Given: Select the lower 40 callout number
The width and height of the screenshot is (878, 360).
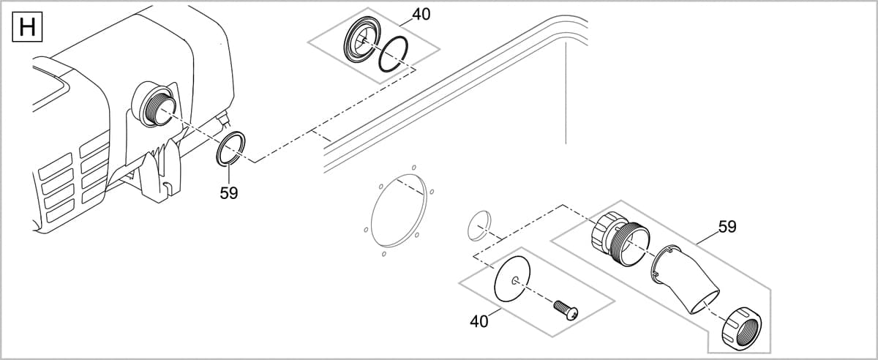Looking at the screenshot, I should click(x=479, y=321).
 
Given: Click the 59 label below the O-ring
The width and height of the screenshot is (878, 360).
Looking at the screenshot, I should click(x=229, y=193).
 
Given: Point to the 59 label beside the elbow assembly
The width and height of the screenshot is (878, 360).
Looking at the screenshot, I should click(x=727, y=227).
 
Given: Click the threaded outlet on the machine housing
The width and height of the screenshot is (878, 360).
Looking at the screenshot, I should click(x=155, y=104).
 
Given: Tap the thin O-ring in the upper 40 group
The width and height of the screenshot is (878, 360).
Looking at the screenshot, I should click(x=393, y=56).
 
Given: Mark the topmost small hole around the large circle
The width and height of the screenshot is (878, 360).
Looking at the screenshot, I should click(x=414, y=167).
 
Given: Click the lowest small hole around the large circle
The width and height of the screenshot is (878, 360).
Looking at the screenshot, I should click(x=383, y=255).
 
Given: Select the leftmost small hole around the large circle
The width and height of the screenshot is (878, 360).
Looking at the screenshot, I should click(x=365, y=230).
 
